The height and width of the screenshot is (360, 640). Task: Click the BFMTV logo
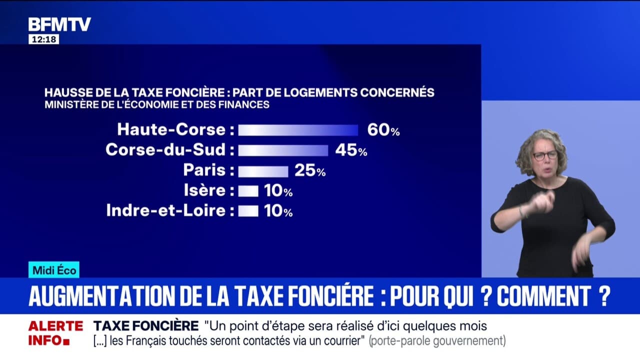pyautogui.click(x=59, y=24)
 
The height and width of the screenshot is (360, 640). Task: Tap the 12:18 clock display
pyautogui.click(x=43, y=39)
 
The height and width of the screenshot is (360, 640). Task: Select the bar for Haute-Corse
pyautogui.click(x=298, y=130)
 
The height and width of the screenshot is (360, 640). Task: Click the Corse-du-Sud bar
pyautogui.click(x=283, y=150)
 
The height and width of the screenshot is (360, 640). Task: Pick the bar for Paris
pyautogui.click(x=263, y=171)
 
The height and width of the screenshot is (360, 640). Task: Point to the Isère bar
pyautogui.click(x=248, y=191)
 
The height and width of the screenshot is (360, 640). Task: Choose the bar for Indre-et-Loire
pyautogui.click(x=248, y=211)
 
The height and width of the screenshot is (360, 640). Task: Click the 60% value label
pyautogui.click(x=383, y=130)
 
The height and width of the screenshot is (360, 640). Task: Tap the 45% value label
pyautogui.click(x=351, y=150)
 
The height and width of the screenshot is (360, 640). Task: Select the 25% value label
pyautogui.click(x=309, y=171)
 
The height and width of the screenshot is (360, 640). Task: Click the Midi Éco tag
pyautogui.click(x=54, y=270)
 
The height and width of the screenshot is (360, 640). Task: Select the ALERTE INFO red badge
pyautogui.click(x=55, y=333)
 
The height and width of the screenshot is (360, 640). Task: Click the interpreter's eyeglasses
pyautogui.click(x=544, y=155)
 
